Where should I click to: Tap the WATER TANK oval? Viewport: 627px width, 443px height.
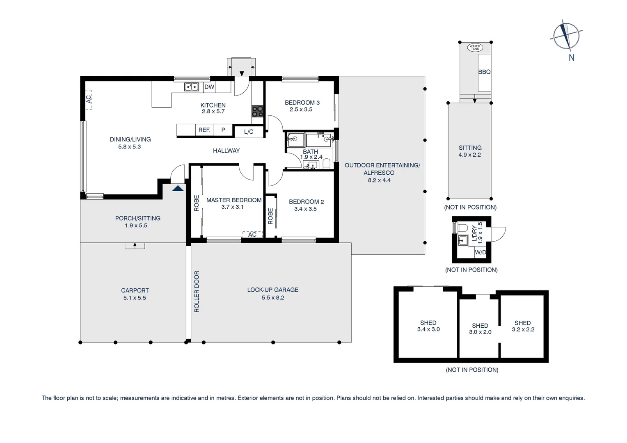(x=475, y=48)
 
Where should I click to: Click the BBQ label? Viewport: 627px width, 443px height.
(x=484, y=72)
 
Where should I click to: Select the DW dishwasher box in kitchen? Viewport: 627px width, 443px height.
(x=209, y=87)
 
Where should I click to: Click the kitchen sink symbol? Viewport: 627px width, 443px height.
(x=191, y=87)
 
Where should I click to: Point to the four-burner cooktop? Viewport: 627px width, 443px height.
(x=258, y=112)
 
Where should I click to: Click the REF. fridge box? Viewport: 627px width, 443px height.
(x=204, y=130)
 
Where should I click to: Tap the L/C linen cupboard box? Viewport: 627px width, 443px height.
(x=249, y=132)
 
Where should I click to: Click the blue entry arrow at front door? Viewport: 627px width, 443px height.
(x=178, y=188)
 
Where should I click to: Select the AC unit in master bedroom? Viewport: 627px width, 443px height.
(x=252, y=235)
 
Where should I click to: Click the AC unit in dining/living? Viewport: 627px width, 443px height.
(x=89, y=100)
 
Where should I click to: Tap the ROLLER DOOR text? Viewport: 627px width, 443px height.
(x=197, y=292)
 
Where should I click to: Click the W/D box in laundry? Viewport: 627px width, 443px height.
(x=480, y=252)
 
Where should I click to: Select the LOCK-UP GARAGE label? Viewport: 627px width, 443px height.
(x=272, y=290)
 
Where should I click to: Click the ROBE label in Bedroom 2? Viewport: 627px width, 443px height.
(x=270, y=216)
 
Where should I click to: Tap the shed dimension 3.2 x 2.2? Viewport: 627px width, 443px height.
(x=523, y=329)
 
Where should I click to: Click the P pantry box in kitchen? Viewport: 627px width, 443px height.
(x=223, y=130)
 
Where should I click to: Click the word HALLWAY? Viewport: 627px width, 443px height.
(x=226, y=151)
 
